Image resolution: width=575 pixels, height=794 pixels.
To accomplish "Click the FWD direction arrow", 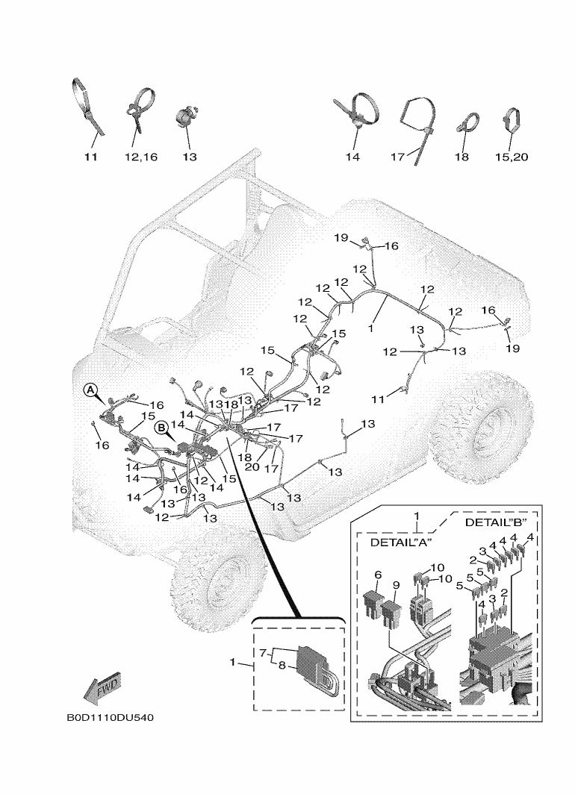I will click(102, 687).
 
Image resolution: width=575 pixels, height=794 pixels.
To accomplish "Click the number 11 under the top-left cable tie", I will click(90, 157).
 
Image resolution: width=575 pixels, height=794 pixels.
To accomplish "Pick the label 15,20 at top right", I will click(511, 157).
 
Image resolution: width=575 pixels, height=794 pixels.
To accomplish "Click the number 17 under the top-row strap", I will click(397, 157).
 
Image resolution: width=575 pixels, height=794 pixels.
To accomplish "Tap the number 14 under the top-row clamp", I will click(352, 157).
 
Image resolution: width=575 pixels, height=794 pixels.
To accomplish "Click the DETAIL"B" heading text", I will click(496, 522).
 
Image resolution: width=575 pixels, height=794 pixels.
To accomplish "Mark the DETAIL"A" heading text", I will click(402, 543).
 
